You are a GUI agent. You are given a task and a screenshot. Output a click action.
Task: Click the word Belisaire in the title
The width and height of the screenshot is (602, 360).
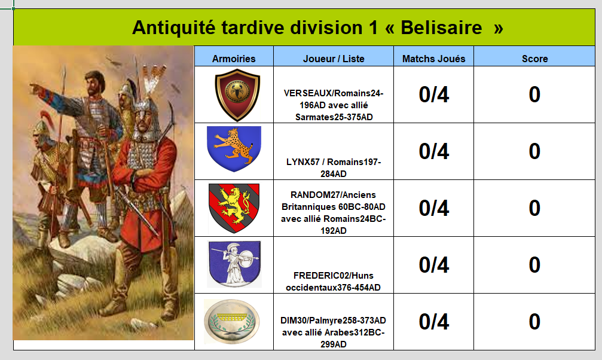[x=441, y=28]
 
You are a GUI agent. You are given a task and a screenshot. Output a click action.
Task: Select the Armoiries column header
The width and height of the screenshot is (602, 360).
[x=234, y=59]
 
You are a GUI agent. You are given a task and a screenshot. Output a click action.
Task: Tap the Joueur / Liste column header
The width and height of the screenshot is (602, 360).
[x=334, y=59]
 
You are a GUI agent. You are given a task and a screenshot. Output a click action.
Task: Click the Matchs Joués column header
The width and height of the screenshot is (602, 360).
[x=434, y=59]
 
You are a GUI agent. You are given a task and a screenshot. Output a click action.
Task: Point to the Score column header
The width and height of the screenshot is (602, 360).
[x=535, y=59]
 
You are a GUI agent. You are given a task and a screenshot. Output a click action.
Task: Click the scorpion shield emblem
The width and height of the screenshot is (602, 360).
[x=237, y=95]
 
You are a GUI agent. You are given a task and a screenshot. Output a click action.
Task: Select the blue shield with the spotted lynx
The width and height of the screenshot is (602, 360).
[x=234, y=149]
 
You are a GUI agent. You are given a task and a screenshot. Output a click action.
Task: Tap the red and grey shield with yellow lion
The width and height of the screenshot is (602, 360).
[x=234, y=208]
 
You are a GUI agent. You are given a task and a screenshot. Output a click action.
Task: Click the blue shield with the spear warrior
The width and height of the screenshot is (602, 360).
[x=234, y=264]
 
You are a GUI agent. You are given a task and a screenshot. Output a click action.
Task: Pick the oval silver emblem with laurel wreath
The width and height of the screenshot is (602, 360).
[x=232, y=321]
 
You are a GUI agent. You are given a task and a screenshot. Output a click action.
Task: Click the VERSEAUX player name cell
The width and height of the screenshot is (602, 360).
[x=334, y=105]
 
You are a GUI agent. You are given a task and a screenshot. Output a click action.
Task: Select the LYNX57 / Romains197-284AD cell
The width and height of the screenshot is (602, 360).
[x=334, y=167]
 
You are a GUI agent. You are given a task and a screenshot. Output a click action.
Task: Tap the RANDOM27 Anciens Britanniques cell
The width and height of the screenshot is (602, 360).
[x=333, y=212]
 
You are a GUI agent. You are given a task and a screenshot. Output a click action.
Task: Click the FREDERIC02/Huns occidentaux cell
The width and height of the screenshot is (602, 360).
[x=333, y=281]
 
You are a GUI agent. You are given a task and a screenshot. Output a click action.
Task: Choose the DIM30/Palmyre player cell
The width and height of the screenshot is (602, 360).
[x=333, y=332]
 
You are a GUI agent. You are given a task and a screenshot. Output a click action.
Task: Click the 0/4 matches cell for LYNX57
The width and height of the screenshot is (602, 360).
[x=434, y=151]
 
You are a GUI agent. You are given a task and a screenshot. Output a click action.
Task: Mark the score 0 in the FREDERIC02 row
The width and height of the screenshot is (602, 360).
[x=534, y=265]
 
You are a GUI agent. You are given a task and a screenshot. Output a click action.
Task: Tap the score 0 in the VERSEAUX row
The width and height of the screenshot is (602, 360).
[x=534, y=94]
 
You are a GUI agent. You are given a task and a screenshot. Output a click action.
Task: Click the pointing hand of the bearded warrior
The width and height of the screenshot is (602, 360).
[x=36, y=87]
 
